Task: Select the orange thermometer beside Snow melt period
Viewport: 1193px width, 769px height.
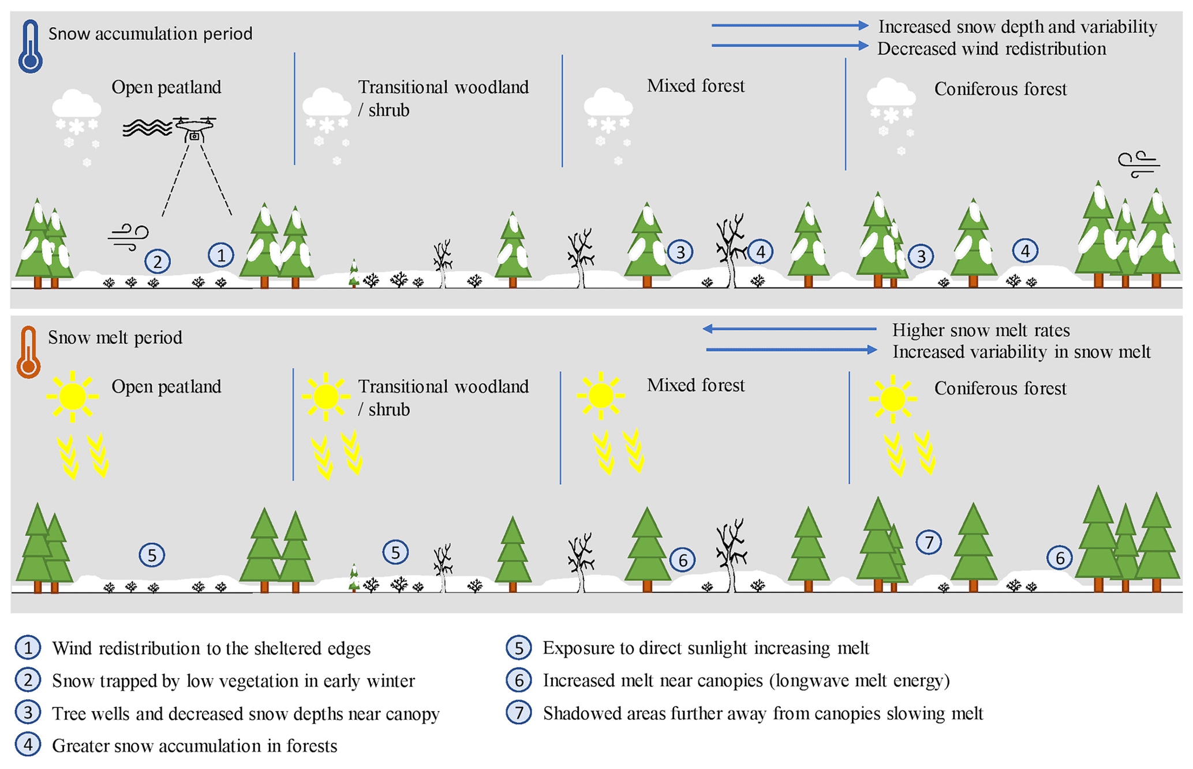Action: point(28,353)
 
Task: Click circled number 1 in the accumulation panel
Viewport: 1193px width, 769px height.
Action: point(220,255)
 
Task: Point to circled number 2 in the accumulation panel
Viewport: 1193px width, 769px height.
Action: point(157,262)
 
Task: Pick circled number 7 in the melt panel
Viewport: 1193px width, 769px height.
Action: point(929,542)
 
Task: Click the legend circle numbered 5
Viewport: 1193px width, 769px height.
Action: point(518,648)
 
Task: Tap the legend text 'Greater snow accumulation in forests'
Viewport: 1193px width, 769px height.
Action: point(195,746)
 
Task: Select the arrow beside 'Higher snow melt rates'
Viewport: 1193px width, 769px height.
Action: point(790,329)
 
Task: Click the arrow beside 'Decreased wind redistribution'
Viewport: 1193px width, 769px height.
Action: point(790,46)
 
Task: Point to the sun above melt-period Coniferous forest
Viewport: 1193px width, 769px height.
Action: point(892,398)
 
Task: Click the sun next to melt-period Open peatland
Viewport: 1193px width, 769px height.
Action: point(72,397)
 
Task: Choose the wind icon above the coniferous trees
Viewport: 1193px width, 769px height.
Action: point(1138,165)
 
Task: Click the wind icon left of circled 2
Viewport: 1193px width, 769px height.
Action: point(128,237)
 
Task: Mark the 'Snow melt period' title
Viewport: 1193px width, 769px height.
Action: point(115,338)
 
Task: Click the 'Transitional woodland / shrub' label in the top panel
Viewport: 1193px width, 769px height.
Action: point(443,98)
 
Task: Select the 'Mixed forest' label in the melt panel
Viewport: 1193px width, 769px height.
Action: point(695,385)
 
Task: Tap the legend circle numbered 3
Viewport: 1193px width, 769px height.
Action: point(28,713)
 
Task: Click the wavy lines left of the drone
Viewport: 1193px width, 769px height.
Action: point(147,128)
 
